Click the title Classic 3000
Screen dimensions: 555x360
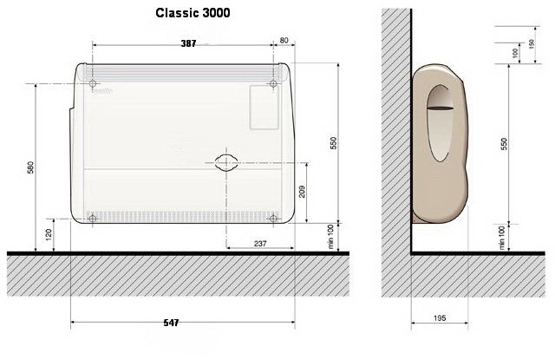193,13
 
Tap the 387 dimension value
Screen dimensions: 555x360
188,43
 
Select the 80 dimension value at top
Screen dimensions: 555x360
284,41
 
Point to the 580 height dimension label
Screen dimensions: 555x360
30,167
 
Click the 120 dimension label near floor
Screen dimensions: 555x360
49,234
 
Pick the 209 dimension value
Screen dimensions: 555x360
302,192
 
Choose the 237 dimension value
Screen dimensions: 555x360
260,244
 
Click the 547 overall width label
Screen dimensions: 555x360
171,323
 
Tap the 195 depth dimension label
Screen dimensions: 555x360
440,317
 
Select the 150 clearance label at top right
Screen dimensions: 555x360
532,44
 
